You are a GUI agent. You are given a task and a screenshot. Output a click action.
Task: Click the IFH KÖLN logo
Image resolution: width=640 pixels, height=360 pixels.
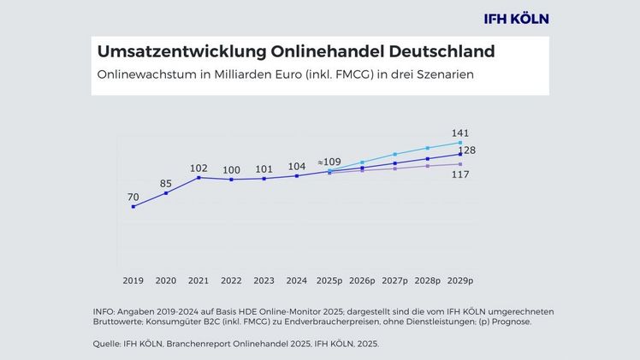coord(515,18)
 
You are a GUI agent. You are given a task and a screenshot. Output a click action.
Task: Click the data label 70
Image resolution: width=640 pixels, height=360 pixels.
coord(133,197)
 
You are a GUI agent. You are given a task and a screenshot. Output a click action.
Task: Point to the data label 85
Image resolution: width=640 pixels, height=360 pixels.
coord(166,182)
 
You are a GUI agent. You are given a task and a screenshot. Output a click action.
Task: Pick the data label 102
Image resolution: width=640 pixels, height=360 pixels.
coord(199,168)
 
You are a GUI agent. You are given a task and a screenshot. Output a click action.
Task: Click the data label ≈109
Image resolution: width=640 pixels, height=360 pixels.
coord(329,162)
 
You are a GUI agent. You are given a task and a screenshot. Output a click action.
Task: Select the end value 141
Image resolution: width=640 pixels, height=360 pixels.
coord(460,133)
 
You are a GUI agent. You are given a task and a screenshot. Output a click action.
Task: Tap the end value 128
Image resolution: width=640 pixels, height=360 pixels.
coord(467,150)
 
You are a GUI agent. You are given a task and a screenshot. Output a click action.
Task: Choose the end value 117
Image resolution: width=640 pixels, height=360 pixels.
coord(460,174)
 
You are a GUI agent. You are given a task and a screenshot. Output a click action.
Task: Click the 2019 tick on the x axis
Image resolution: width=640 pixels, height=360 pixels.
coord(133,280)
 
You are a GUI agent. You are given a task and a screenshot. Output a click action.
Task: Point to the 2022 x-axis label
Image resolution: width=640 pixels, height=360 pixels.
coord(231,280)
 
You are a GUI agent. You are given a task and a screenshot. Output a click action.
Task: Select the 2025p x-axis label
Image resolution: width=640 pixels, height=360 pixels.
coord(329,280)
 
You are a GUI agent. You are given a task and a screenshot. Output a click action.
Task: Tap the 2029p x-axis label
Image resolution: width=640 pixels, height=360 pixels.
coord(460,280)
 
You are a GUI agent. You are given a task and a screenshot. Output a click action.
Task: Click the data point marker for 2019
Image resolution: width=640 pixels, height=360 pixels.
coord(133,206)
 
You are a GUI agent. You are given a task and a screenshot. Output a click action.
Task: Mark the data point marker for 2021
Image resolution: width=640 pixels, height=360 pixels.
coord(199,177)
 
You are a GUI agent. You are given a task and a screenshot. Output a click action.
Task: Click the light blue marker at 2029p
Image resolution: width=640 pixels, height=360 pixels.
coord(460,142)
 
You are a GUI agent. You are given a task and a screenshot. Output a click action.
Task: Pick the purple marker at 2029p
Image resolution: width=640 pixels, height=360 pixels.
coord(460,164)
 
